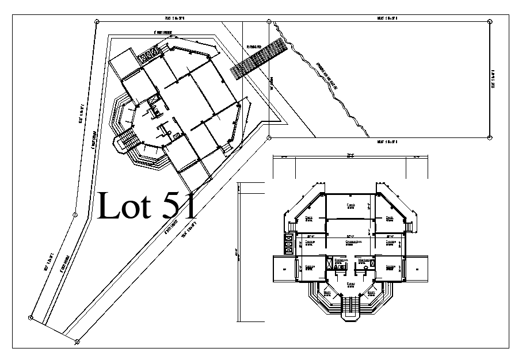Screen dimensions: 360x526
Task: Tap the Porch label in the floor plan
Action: tap(350, 205)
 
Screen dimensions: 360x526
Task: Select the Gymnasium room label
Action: tap(353, 242)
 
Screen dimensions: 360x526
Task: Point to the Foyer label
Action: tap(350, 284)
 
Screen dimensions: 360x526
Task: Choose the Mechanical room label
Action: tap(364, 260)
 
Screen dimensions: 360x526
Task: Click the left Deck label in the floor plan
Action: tap(309, 217)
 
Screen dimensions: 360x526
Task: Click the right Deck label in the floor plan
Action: tap(390, 217)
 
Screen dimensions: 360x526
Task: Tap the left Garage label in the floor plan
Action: tap(309, 266)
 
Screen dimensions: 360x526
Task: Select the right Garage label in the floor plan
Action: tap(390, 266)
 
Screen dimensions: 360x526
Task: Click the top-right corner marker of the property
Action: tap(489, 21)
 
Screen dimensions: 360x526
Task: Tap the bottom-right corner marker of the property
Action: tap(489, 137)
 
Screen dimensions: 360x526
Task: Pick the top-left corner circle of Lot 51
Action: tap(96, 21)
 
